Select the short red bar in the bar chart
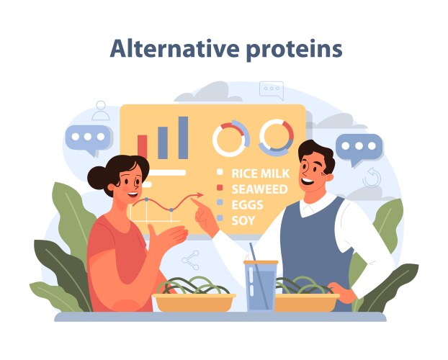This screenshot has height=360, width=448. coord(143,146)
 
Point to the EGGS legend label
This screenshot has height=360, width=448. coord(246,204)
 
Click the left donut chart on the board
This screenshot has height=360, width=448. coord(230,138)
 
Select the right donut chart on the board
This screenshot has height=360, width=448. coord(276,136)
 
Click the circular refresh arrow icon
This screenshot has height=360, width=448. coord(371,177)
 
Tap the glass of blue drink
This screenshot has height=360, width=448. coord(260,288)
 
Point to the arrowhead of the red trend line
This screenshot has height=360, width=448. coord(201,194)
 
